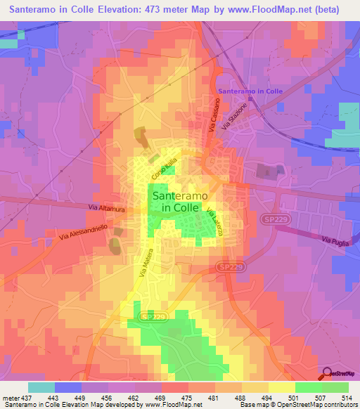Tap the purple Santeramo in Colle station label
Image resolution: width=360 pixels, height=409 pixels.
click(250, 91)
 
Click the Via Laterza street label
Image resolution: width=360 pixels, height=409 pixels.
click(214, 225)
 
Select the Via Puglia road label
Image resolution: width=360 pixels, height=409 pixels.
click(335, 240)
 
